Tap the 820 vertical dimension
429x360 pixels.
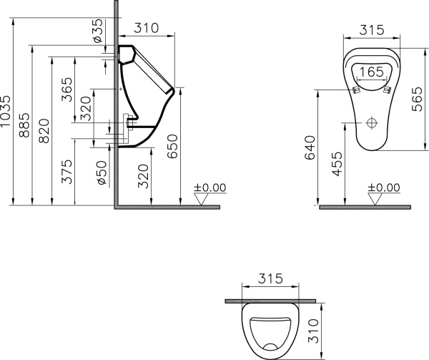pyautogui.click(x=44, y=132)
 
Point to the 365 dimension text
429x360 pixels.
pyautogui.click(x=66, y=90)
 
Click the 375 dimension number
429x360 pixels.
pyautogui.click(x=66, y=172)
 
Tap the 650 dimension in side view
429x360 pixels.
pyautogui.click(x=172, y=147)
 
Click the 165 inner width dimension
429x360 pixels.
pyautogui.click(x=370, y=72)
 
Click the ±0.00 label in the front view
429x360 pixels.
pyautogui.click(x=384, y=188)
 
